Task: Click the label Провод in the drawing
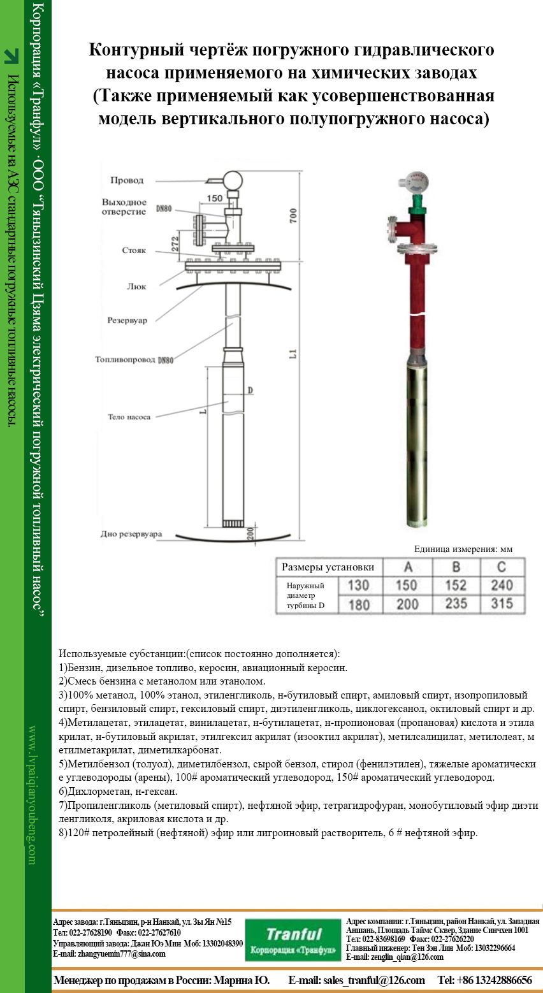(x=127, y=180)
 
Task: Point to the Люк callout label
(x=136, y=287)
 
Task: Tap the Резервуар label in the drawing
(x=127, y=321)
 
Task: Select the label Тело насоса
(x=129, y=417)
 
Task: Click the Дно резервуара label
(x=131, y=534)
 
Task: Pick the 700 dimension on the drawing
(x=293, y=217)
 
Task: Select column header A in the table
(x=408, y=567)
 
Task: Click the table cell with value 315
(x=502, y=604)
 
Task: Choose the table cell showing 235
(x=456, y=604)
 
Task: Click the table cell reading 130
(x=359, y=585)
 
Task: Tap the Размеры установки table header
(x=328, y=567)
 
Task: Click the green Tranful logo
(x=293, y=939)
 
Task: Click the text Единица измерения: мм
(x=463, y=549)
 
